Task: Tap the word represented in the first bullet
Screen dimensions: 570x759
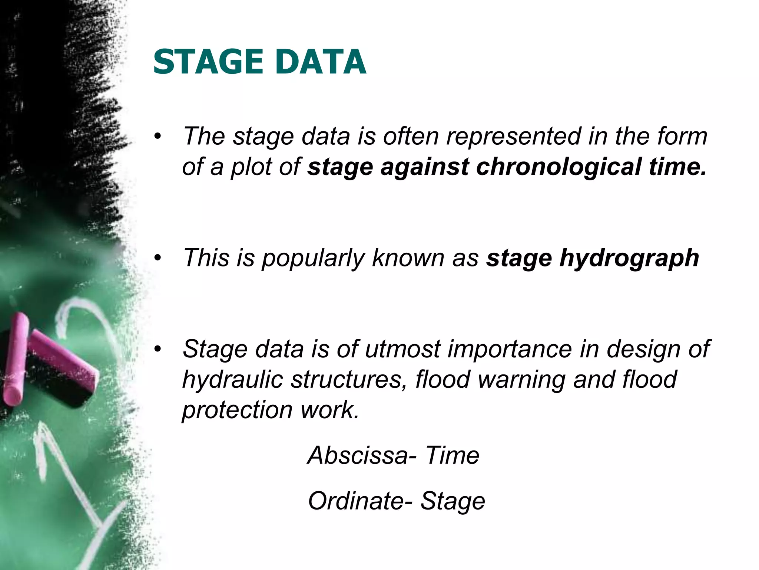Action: (513, 136)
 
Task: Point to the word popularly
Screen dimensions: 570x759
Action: (313, 258)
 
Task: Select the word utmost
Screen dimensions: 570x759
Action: (402, 349)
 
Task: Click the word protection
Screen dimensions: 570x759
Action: (238, 410)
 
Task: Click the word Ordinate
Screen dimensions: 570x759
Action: (356, 501)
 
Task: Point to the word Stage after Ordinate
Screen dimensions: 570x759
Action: (453, 501)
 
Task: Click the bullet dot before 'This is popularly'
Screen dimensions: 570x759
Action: (158, 258)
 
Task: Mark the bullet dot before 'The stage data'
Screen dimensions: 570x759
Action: (158, 137)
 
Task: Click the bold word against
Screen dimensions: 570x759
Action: (425, 167)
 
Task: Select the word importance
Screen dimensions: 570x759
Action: (510, 349)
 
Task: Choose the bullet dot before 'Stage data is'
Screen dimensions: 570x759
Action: (158, 349)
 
